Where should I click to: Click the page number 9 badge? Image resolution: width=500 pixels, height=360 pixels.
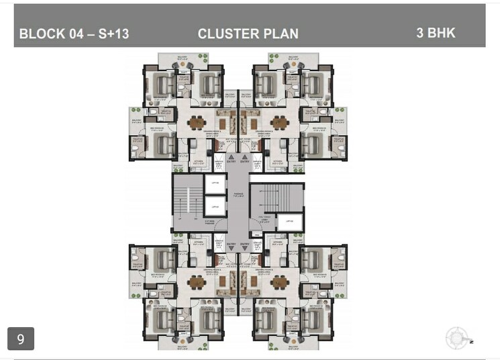pyautogui.click(x=20, y=339)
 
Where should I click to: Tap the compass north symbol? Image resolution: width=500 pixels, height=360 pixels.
pyautogui.click(x=457, y=338)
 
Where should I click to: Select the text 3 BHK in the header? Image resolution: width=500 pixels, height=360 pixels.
pyautogui.click(x=436, y=32)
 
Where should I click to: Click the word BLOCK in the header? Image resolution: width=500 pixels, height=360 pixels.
pyautogui.click(x=42, y=34)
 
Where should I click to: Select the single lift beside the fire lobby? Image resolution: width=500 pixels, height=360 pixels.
pyautogui.click(x=288, y=222)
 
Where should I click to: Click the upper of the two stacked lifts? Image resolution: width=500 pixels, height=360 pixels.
pyautogui.click(x=213, y=183)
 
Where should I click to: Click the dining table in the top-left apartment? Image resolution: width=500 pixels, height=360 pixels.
pyautogui.click(x=196, y=123)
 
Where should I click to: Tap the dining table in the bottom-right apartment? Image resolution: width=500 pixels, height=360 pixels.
pyautogui.click(x=279, y=283)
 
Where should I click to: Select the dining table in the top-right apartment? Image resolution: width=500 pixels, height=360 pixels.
pyautogui.click(x=279, y=123)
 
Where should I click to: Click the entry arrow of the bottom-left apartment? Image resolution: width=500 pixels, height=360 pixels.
pyautogui.click(x=231, y=247)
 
